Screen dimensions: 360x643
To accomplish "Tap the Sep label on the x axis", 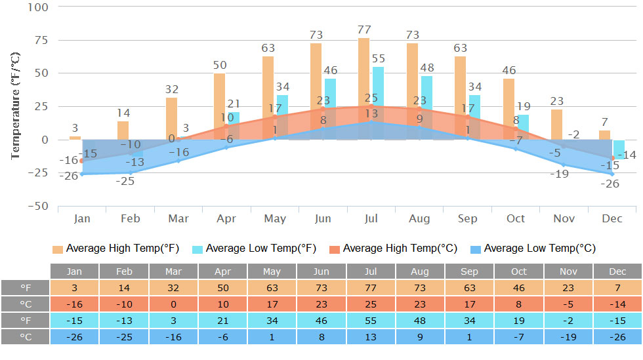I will (x=468, y=218).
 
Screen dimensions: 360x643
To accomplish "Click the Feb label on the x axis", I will (x=131, y=218).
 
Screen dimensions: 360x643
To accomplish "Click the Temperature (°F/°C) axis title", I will (x=16, y=105).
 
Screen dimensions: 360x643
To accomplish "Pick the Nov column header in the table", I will (x=568, y=271).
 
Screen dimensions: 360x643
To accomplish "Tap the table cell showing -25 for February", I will (x=124, y=337).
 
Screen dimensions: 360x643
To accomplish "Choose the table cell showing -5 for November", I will (x=568, y=304).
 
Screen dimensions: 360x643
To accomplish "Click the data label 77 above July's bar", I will (x=364, y=30).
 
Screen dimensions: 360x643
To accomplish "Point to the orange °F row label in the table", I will (x=26, y=288).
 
